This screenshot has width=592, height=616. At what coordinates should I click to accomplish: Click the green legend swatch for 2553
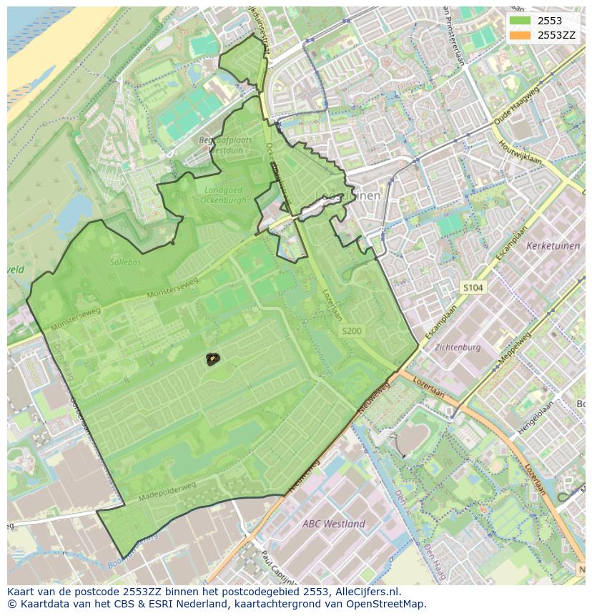point(520,21)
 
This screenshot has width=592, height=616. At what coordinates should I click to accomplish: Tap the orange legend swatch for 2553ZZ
point(520,35)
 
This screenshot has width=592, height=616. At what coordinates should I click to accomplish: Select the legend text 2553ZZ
point(556,35)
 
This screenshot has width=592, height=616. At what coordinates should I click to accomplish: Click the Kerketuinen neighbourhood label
point(553,245)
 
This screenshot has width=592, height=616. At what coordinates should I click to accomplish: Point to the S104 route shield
point(473,288)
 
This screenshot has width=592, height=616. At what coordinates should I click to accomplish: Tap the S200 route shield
point(351,331)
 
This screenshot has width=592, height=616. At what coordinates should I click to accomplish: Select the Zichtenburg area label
point(458,347)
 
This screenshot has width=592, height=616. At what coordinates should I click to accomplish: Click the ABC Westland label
point(333,523)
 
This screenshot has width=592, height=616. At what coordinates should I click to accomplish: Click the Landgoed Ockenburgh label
point(225,195)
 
